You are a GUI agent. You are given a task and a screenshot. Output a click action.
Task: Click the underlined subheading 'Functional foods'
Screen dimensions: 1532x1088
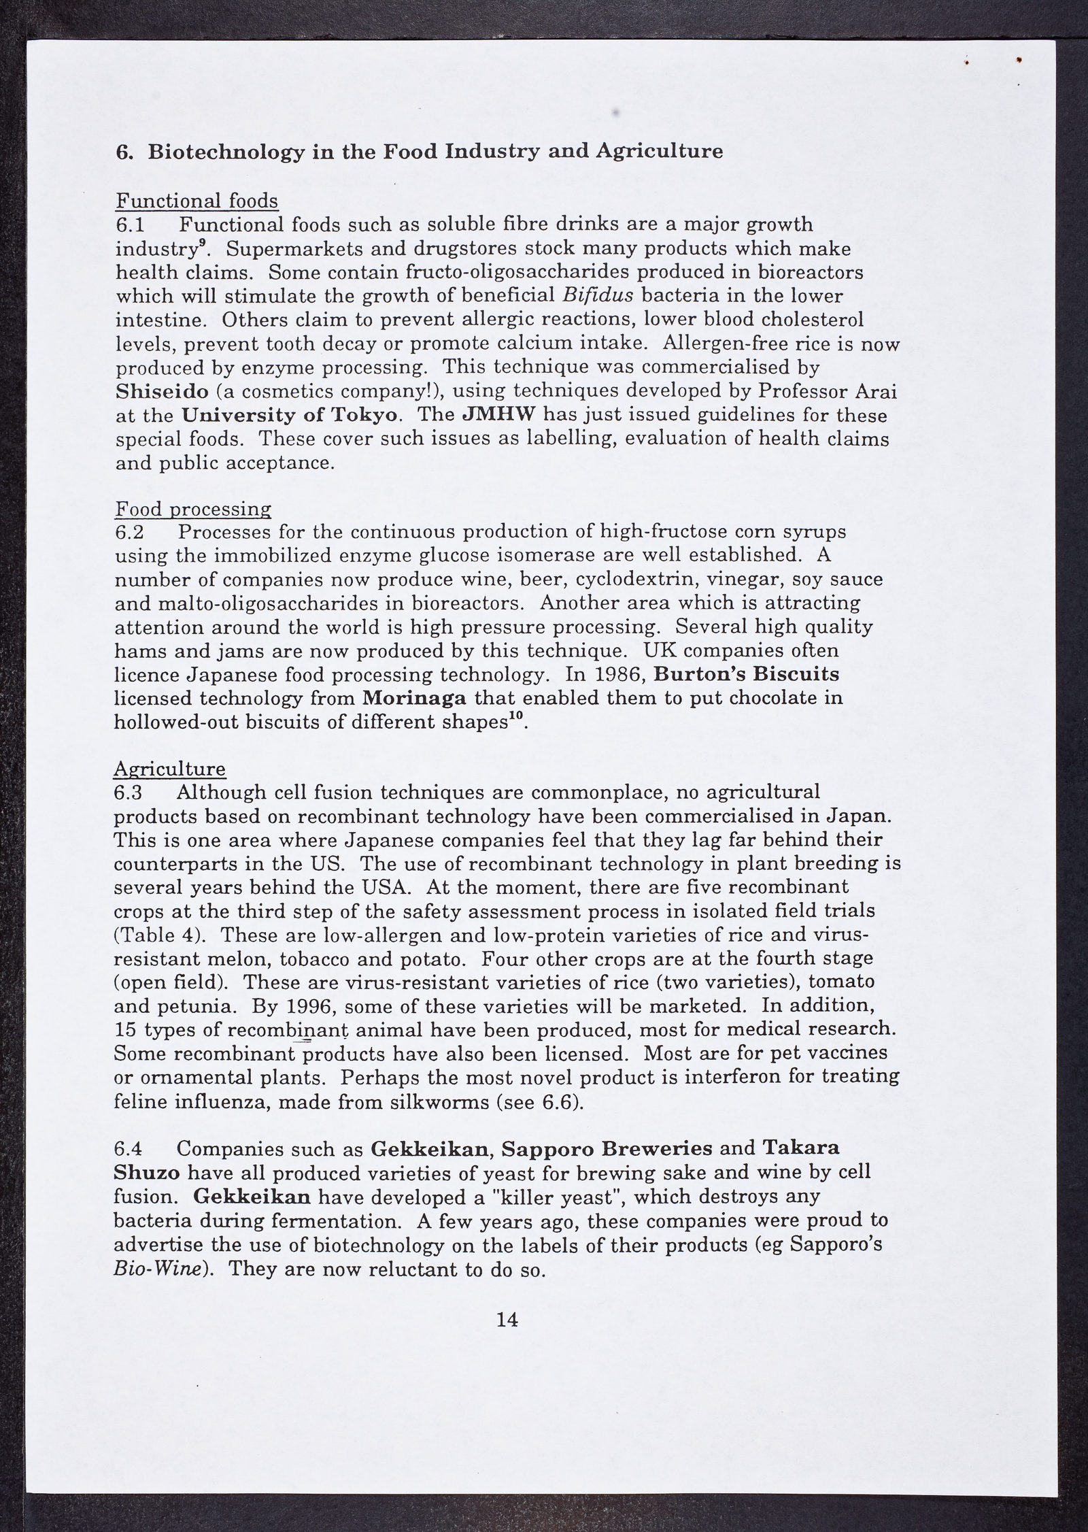[x=197, y=201]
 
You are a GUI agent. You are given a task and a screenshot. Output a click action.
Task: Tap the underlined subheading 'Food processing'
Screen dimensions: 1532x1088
[x=193, y=509]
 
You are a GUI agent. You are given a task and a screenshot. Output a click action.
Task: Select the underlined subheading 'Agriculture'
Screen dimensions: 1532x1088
[x=170, y=769]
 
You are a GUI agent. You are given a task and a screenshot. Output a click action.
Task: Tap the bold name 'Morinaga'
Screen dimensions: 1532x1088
[x=415, y=699]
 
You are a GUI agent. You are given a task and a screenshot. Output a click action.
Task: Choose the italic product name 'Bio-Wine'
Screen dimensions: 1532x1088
[x=160, y=1270]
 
